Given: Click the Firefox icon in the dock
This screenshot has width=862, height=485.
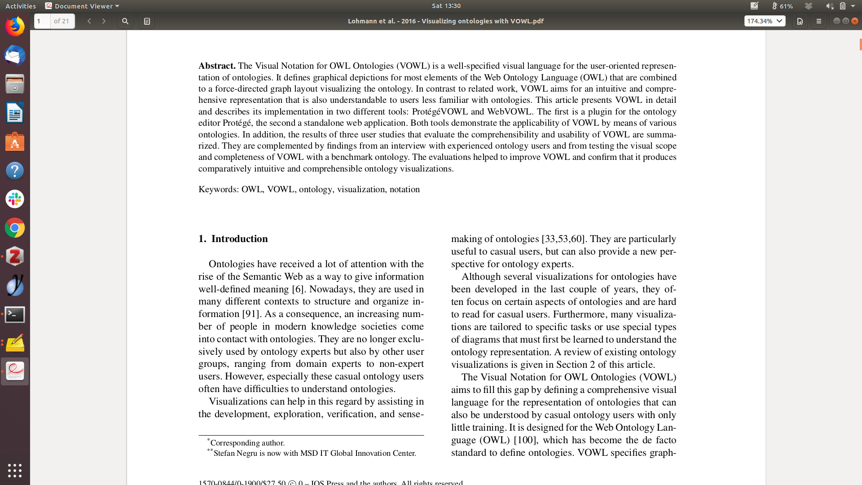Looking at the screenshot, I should tap(15, 26).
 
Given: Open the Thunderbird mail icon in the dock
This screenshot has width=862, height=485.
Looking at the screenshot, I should tap(15, 56).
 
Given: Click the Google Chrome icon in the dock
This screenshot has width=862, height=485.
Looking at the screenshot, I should tap(15, 228).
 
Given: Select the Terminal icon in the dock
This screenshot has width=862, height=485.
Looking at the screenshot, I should tap(15, 314).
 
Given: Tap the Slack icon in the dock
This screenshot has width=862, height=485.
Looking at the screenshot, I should tap(15, 199).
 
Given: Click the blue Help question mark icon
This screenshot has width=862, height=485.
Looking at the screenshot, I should tap(15, 171).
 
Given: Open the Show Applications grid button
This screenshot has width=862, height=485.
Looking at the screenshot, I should tap(15, 470).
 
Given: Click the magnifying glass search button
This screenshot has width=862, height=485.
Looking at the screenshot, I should tap(125, 21).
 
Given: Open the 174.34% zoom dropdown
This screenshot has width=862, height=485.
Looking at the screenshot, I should tap(765, 21).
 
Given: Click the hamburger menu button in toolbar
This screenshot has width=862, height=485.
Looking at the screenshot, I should tap(818, 21).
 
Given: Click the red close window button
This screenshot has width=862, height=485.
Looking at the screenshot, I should tap(855, 21).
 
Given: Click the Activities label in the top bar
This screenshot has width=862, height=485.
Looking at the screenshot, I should tap(21, 6).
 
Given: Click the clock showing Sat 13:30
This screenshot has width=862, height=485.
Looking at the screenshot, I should tap(446, 6).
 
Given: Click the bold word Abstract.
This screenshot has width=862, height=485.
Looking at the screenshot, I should tap(217, 66).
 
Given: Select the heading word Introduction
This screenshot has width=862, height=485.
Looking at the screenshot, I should tap(239, 239).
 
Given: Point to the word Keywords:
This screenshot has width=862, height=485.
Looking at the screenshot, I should tap(219, 190).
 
